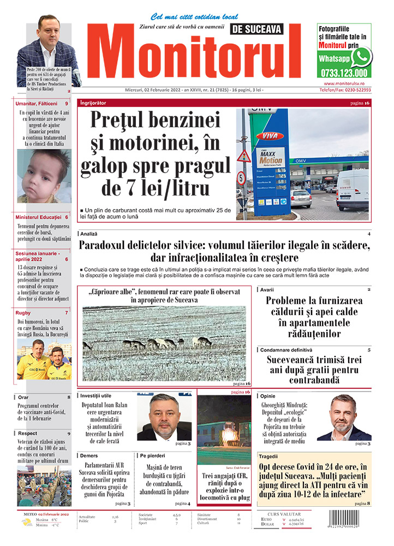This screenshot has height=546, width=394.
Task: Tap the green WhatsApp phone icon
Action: (x=361, y=57)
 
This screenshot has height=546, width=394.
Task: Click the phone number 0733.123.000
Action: (x=344, y=73)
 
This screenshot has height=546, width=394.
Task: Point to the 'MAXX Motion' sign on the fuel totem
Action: (x=271, y=159)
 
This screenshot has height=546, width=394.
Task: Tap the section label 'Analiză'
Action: (x=88, y=233)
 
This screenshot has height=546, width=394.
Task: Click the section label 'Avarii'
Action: (x=267, y=289)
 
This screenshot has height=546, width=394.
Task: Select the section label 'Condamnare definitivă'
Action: (x=286, y=349)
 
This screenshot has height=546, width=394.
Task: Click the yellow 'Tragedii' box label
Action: (x=269, y=456)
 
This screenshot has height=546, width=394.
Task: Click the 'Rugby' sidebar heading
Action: (x=23, y=313)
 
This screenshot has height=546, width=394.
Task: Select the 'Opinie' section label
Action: (x=268, y=396)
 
